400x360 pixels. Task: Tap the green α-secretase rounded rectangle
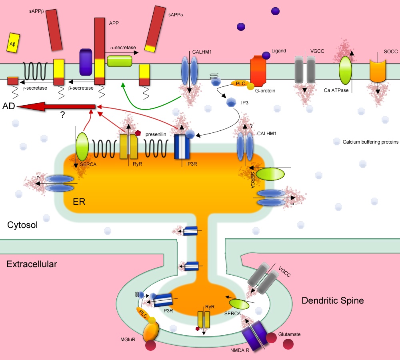120,61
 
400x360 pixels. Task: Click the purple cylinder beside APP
86,62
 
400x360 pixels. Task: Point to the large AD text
10,106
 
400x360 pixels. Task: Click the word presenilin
156,135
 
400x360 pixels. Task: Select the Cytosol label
22,225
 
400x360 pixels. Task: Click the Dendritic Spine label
332,300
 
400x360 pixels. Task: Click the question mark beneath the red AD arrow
62,115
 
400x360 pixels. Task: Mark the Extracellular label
32,264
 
